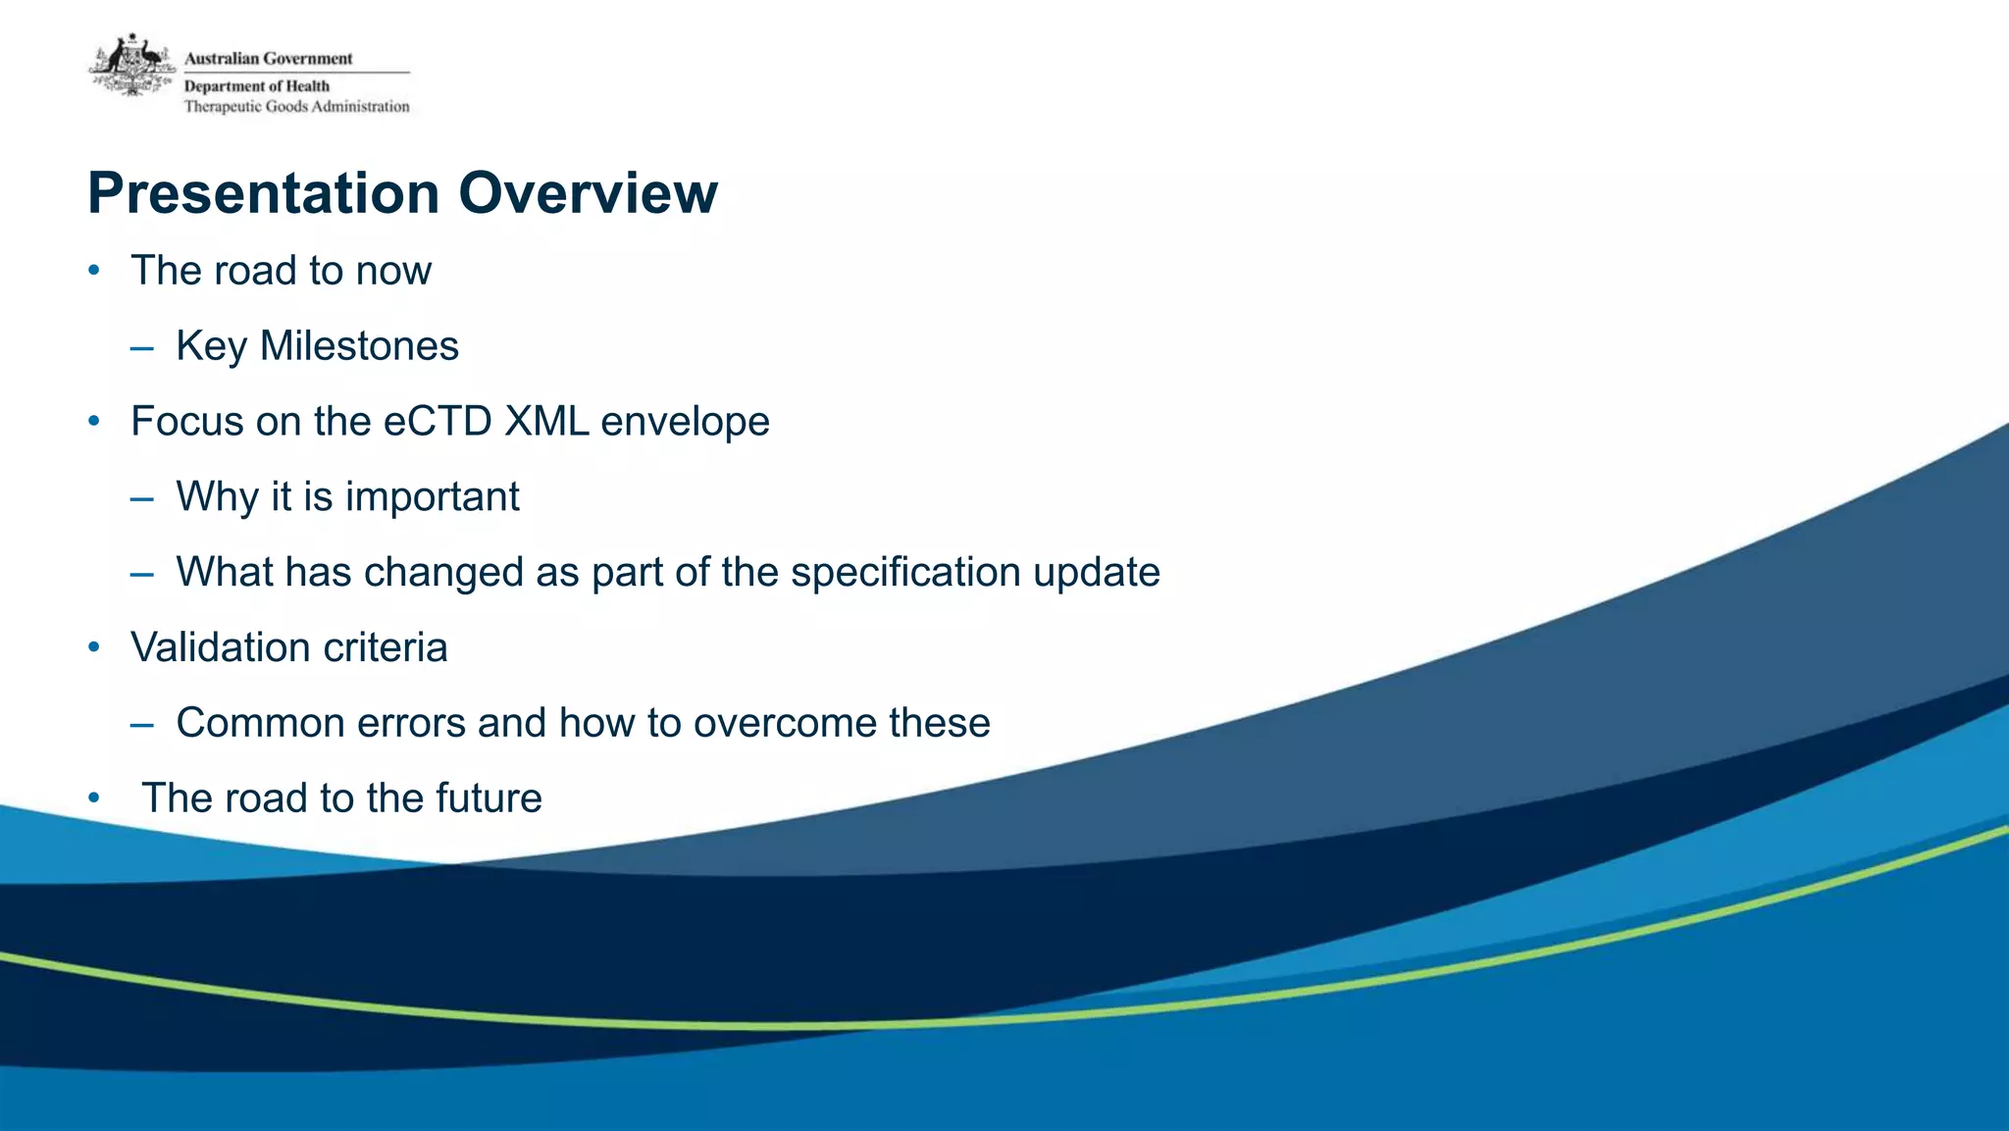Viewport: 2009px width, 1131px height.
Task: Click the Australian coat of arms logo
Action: coord(131,65)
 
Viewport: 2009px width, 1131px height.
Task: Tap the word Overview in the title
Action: coord(588,193)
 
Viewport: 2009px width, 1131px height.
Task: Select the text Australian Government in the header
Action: coord(268,59)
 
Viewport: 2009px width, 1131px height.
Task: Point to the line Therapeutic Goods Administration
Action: coord(296,107)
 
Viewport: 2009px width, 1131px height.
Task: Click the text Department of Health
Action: coord(256,86)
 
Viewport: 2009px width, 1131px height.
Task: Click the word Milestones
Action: coord(359,346)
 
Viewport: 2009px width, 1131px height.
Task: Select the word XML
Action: coord(546,422)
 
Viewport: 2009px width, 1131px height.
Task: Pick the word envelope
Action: coord(685,422)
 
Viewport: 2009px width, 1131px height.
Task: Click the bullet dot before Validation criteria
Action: coord(94,647)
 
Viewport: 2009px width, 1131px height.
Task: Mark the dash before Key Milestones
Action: coord(141,347)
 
